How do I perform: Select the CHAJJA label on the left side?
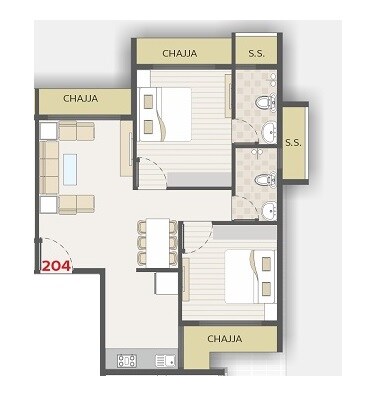(x=79, y=99)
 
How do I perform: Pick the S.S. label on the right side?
(x=293, y=143)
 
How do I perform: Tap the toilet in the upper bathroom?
(x=262, y=100)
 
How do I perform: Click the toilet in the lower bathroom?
(x=262, y=180)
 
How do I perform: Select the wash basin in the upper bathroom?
(x=269, y=129)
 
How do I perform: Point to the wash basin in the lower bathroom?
(x=269, y=209)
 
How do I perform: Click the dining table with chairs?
(x=154, y=240)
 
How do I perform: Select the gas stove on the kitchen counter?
(x=128, y=361)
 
